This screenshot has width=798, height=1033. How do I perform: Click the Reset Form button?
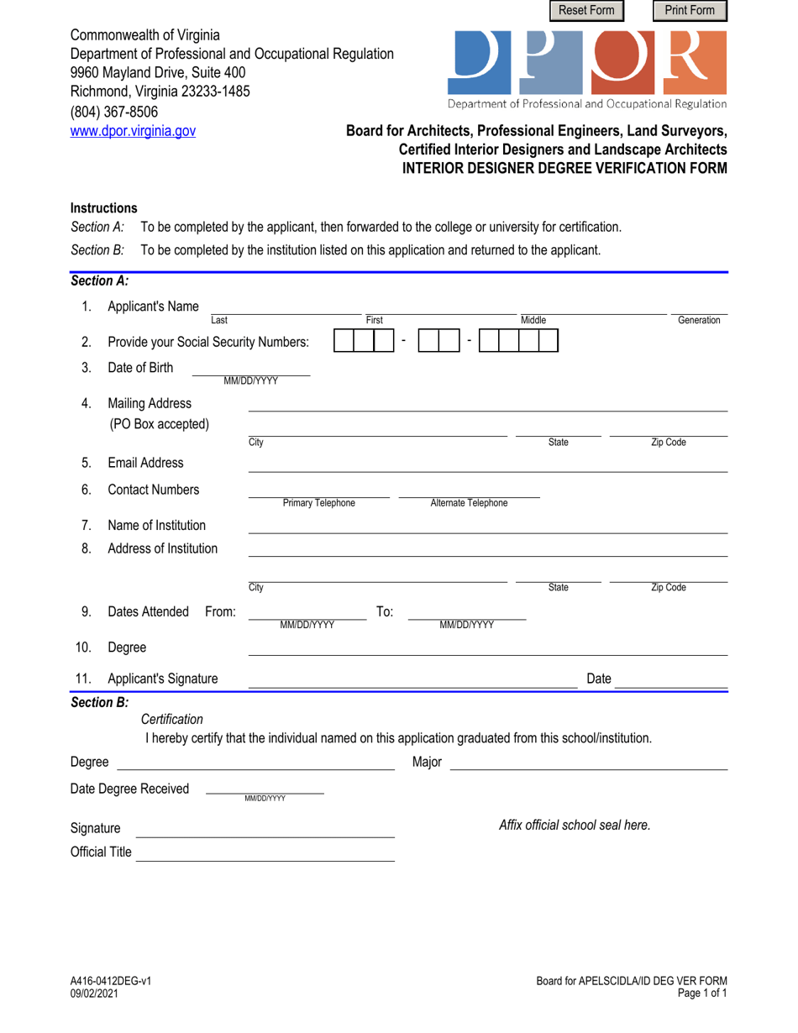click(587, 10)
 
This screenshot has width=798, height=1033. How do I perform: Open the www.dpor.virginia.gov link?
click(133, 131)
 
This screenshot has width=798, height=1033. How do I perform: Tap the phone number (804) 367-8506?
click(113, 112)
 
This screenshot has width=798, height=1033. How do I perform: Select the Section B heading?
click(99, 701)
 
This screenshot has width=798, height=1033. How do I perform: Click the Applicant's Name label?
click(154, 306)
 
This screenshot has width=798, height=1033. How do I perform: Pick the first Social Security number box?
click(344, 340)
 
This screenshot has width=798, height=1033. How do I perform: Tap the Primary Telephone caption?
click(318, 503)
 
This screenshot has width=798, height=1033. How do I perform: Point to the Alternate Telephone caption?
click(469, 503)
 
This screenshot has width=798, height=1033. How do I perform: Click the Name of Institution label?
click(157, 526)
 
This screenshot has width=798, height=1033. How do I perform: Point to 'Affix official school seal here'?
click(575, 825)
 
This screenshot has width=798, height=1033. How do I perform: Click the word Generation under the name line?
click(699, 320)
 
